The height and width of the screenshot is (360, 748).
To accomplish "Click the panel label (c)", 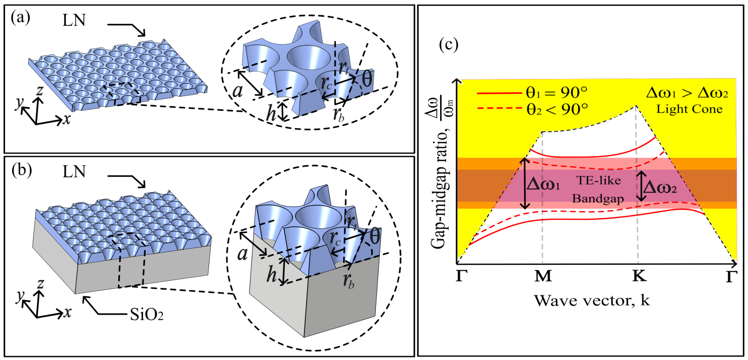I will coord(449,45).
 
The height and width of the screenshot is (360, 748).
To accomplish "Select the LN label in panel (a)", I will coord(74,20).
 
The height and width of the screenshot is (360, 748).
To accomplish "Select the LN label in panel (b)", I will coord(74,172).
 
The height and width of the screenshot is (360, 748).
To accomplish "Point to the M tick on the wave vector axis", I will coord(543,276).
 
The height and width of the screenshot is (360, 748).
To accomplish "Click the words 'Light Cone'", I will coord(689,109).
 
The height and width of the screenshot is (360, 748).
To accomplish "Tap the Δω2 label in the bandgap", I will coord(660,188).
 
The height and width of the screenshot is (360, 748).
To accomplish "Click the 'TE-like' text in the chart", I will coord(598,181).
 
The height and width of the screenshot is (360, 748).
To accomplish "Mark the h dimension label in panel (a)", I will coord(271,113).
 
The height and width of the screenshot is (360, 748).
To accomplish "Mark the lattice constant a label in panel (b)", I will coord(243,254).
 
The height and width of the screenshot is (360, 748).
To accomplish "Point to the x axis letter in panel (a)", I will coord(67,119).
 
